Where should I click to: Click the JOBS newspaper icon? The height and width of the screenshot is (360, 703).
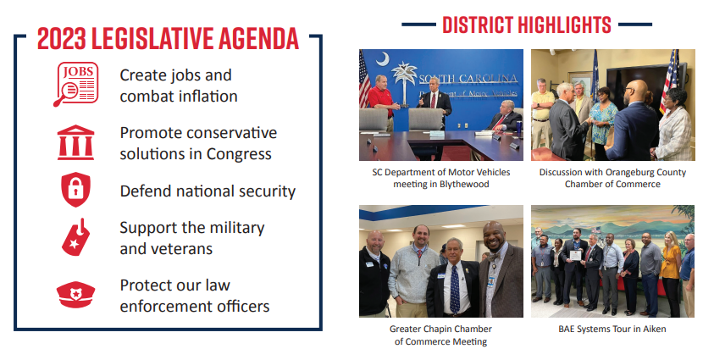point(75,84)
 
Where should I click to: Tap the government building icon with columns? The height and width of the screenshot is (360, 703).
point(75,142)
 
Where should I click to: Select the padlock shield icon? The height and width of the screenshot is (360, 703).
point(75,189)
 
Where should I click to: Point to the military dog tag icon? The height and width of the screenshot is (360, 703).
point(75,237)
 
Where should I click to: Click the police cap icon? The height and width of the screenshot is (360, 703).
point(75,295)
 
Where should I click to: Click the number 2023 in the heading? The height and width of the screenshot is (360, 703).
point(62,39)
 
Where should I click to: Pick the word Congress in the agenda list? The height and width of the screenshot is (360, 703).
point(239,155)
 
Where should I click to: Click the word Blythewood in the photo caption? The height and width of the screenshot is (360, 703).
point(465,185)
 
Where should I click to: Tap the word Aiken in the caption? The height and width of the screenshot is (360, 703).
point(656,329)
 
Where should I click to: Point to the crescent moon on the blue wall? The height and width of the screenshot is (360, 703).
point(383,58)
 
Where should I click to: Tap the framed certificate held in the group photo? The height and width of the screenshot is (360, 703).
point(575,256)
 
